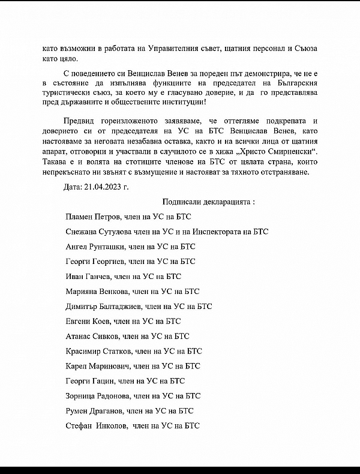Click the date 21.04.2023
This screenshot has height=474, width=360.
click(x=107, y=187)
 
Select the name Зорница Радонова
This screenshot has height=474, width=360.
click(x=97, y=395)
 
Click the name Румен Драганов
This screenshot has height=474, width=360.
click(x=94, y=411)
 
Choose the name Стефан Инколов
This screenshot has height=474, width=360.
click(x=94, y=426)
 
